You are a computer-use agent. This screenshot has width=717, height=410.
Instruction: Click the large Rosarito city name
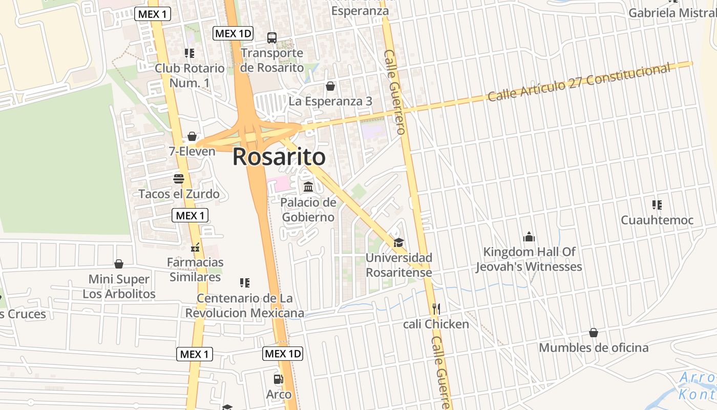pos(279,157)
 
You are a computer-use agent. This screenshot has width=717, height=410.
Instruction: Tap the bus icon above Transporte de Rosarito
pos(272,37)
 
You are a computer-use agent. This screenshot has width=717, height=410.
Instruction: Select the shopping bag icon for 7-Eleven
pos(192,136)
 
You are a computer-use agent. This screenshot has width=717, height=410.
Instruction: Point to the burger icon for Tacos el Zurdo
pos(179,178)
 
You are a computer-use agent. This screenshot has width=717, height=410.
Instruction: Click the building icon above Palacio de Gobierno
pos(308,187)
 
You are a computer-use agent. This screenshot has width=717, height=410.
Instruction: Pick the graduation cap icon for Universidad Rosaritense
pos(398,242)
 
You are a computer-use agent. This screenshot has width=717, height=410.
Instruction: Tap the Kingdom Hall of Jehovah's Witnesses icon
pos(529,237)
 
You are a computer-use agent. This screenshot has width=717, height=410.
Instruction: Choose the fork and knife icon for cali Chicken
pos(436,309)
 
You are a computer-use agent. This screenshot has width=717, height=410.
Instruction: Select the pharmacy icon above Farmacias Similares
pos(195,248)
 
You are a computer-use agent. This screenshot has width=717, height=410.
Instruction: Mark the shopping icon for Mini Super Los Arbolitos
pos(119,264)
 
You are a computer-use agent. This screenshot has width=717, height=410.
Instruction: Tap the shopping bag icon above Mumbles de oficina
pos(594,333)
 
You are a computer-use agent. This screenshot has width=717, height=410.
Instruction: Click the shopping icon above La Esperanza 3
pos(330,86)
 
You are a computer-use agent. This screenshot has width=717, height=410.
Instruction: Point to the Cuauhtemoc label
pos(657,220)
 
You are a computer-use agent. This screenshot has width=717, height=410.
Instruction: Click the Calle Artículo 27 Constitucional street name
pos(579,83)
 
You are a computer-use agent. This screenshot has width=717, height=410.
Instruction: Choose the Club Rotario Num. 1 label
pos(189,75)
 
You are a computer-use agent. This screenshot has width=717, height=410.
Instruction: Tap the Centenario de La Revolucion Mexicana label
pos(245,305)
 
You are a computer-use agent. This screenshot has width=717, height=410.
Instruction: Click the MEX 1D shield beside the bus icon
pos(233,34)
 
